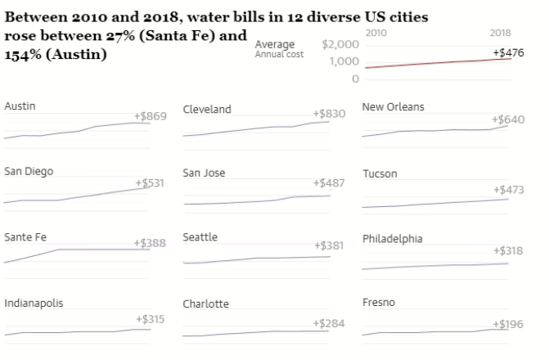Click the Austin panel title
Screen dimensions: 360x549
20,106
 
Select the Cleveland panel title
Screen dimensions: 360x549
206,110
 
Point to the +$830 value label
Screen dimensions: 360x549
328,115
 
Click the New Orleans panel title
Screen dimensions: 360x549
394,107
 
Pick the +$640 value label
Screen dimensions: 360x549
508,119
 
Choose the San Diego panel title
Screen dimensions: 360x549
28,171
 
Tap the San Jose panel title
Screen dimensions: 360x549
204,173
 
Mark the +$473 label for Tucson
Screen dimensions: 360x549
508,190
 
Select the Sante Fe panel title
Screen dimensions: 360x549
25,237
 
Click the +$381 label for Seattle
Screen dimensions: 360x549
329,245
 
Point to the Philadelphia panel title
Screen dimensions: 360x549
392,239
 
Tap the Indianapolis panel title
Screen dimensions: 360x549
34,303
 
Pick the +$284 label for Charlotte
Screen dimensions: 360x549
328,323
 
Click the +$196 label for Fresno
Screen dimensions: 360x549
508,325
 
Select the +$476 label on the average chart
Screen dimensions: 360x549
509,52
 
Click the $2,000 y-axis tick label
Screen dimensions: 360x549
340,43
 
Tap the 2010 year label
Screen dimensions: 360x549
376,32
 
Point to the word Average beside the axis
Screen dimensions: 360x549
275,44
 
